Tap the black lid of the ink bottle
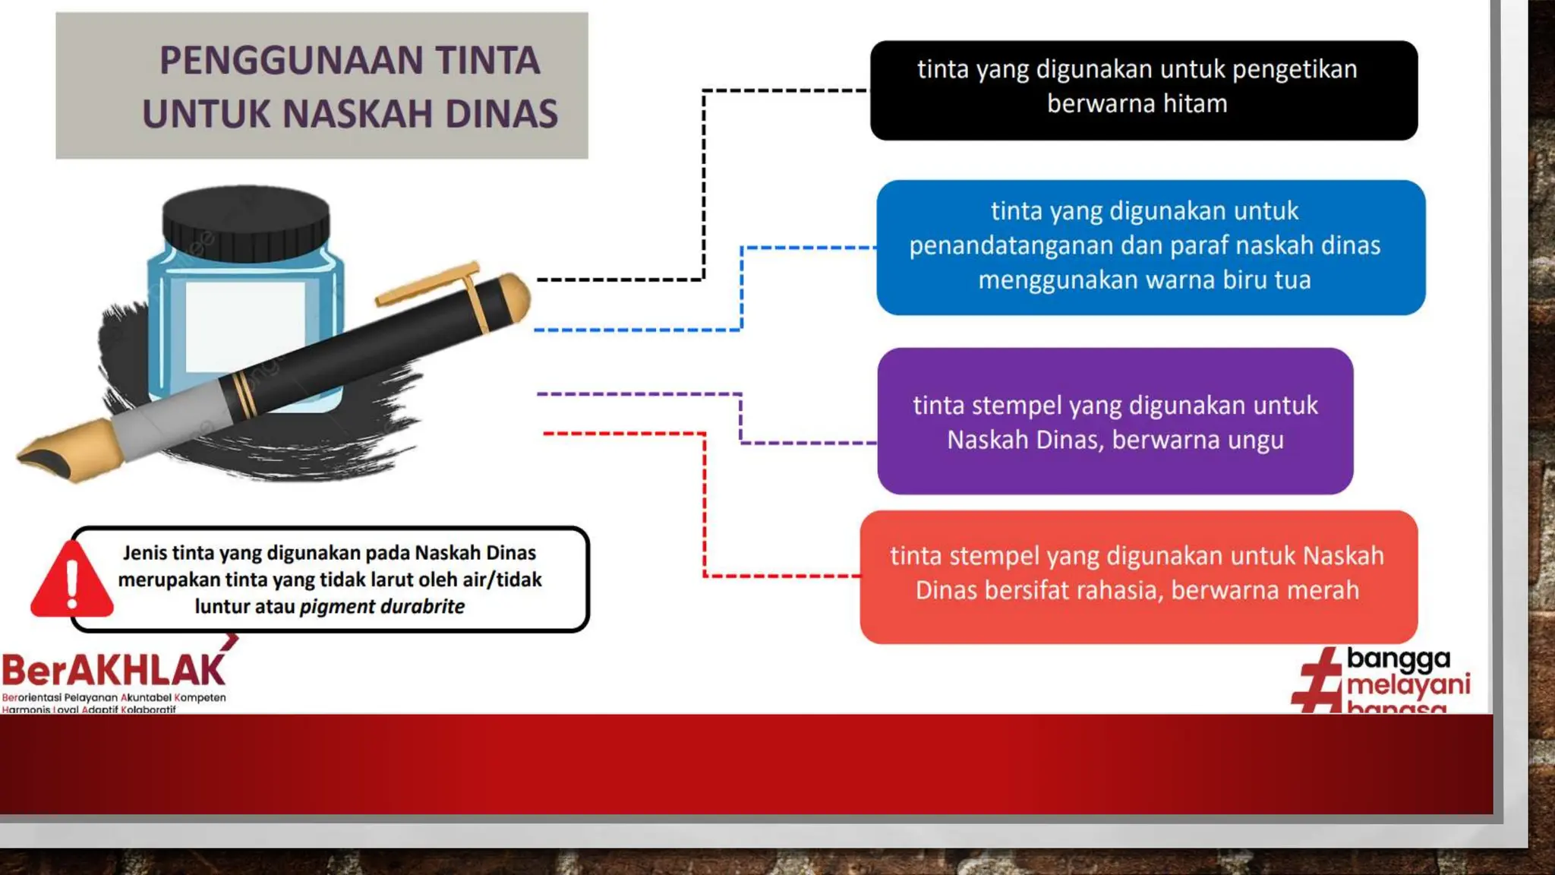246,224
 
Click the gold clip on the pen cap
433,285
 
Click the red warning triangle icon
71,581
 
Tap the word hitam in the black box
1194,103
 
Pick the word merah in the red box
1320,590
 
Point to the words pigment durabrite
382,607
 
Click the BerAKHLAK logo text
114,671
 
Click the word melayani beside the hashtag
1408,685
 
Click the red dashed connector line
705,501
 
